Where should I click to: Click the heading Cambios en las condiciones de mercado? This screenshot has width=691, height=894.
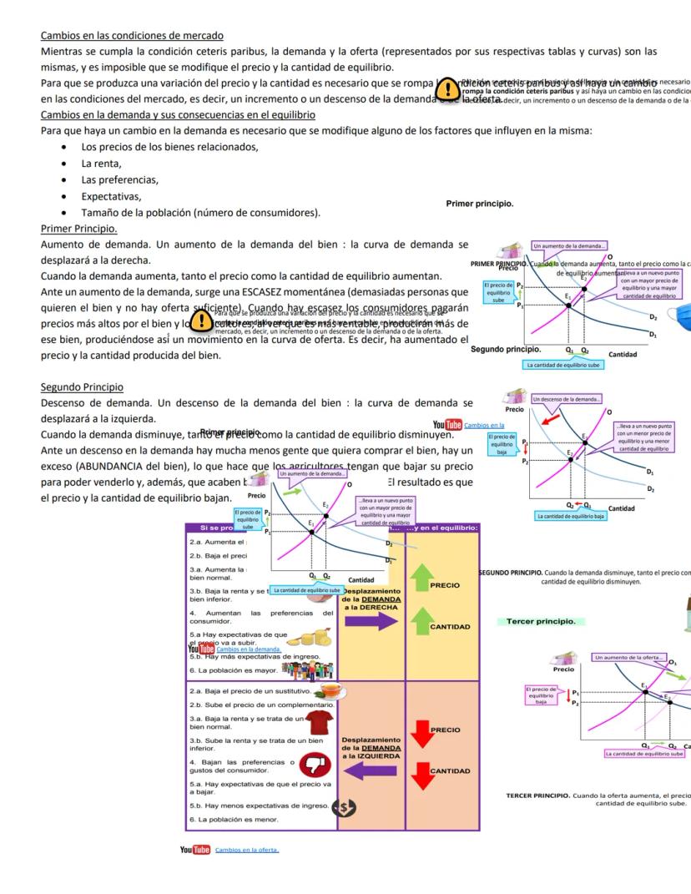click(132, 36)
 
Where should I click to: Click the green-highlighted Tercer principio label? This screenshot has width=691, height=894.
click(540, 622)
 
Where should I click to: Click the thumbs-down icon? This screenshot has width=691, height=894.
click(314, 765)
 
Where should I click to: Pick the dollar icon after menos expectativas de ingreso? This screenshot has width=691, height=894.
click(343, 807)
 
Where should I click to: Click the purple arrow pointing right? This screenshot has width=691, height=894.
click(371, 620)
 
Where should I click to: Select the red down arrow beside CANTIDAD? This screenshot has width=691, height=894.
click(421, 774)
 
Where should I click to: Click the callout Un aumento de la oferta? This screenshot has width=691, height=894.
click(628, 658)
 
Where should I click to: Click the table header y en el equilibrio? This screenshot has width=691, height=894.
click(447, 527)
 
